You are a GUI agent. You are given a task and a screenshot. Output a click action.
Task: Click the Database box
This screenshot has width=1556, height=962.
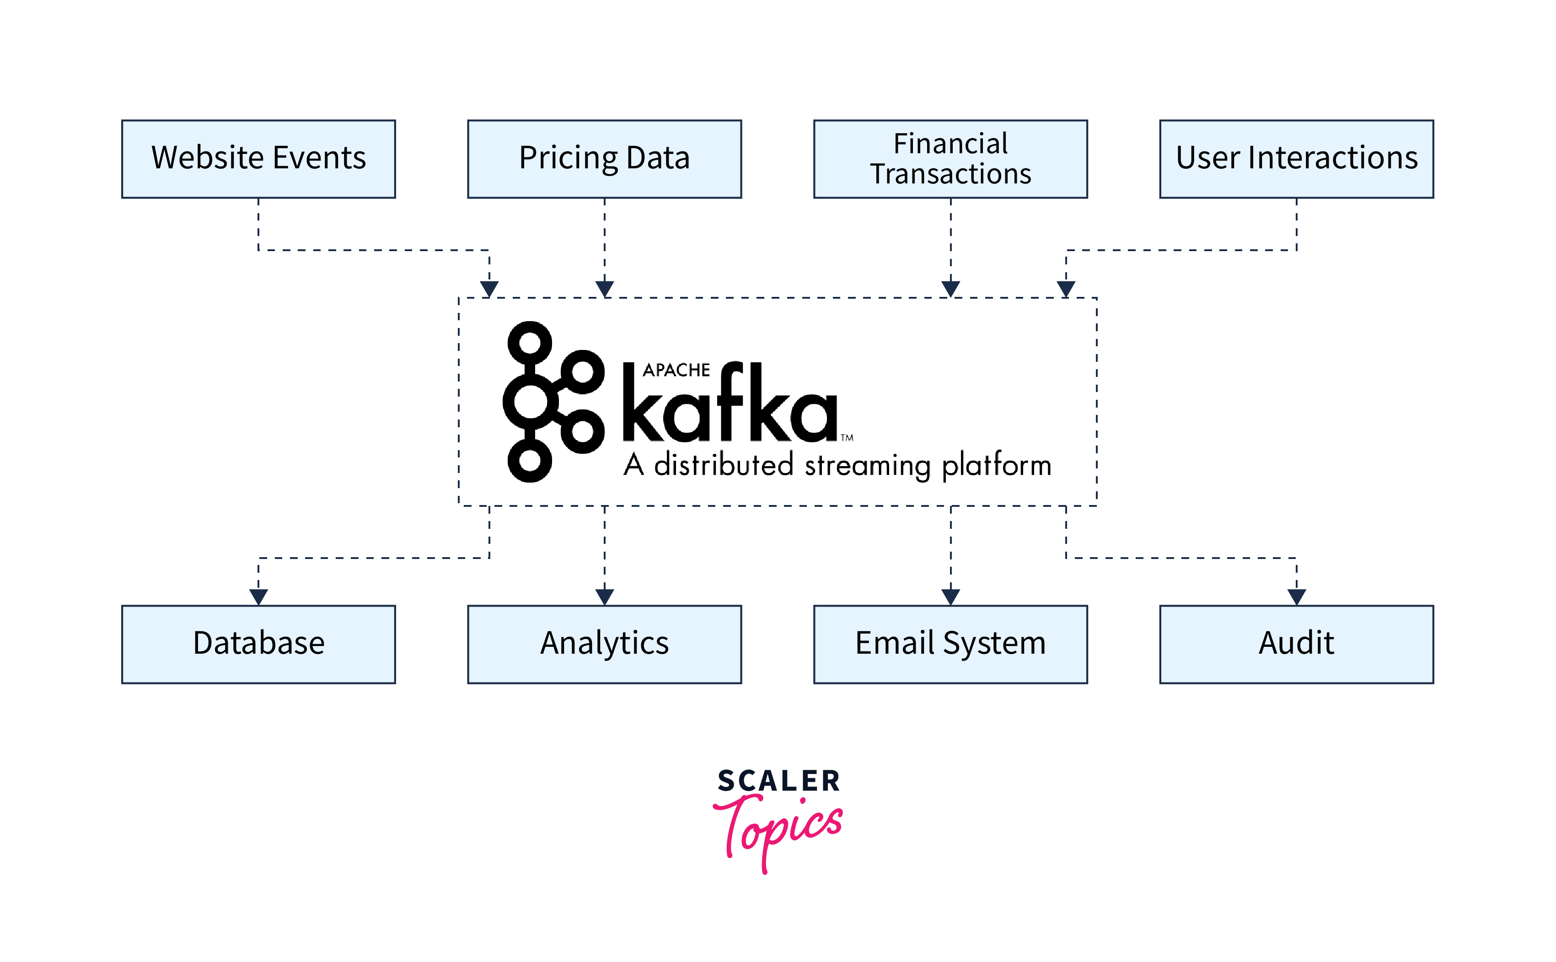(x=258, y=644)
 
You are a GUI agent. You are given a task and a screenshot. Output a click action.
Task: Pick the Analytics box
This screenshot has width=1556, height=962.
(x=604, y=644)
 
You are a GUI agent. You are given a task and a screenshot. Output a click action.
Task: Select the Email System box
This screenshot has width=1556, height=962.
(x=950, y=644)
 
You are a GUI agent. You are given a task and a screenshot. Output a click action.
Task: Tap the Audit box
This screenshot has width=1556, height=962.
(x=1297, y=644)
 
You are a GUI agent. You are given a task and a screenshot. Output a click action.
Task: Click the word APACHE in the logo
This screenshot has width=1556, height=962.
(x=676, y=370)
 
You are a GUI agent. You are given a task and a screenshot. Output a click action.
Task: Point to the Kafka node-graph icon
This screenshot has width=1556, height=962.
(x=552, y=402)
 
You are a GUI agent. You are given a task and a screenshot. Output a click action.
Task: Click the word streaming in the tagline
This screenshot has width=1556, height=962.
(x=869, y=466)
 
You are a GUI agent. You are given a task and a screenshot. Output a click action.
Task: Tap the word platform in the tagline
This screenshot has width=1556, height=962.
(x=996, y=466)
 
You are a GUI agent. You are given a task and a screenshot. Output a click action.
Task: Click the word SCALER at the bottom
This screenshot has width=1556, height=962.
(x=778, y=781)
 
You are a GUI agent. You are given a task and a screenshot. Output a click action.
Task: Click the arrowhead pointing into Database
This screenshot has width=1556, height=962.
(x=258, y=597)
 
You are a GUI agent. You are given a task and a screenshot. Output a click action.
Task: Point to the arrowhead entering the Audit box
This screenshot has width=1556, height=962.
(x=1297, y=597)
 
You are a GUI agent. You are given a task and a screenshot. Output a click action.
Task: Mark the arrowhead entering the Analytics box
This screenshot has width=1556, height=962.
(x=604, y=597)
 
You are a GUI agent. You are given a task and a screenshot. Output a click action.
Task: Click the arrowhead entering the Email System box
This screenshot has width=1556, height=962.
(x=950, y=597)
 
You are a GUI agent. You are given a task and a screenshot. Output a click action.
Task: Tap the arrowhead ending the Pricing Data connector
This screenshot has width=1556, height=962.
(x=604, y=289)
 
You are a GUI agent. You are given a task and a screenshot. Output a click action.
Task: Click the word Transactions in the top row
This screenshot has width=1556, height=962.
(x=950, y=174)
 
